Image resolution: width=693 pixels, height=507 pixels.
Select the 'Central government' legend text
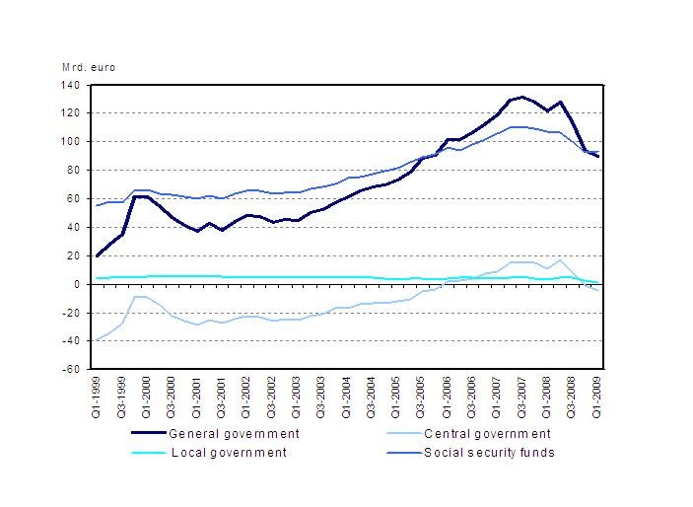click(486, 433)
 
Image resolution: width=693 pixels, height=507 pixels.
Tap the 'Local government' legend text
click(229, 452)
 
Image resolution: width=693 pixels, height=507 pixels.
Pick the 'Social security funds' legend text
click(489, 452)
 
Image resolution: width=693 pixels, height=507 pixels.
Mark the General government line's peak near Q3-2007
click(522, 97)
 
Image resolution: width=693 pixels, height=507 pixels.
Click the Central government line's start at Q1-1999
click(97, 339)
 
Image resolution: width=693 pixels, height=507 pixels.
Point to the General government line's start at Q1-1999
click(97, 255)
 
